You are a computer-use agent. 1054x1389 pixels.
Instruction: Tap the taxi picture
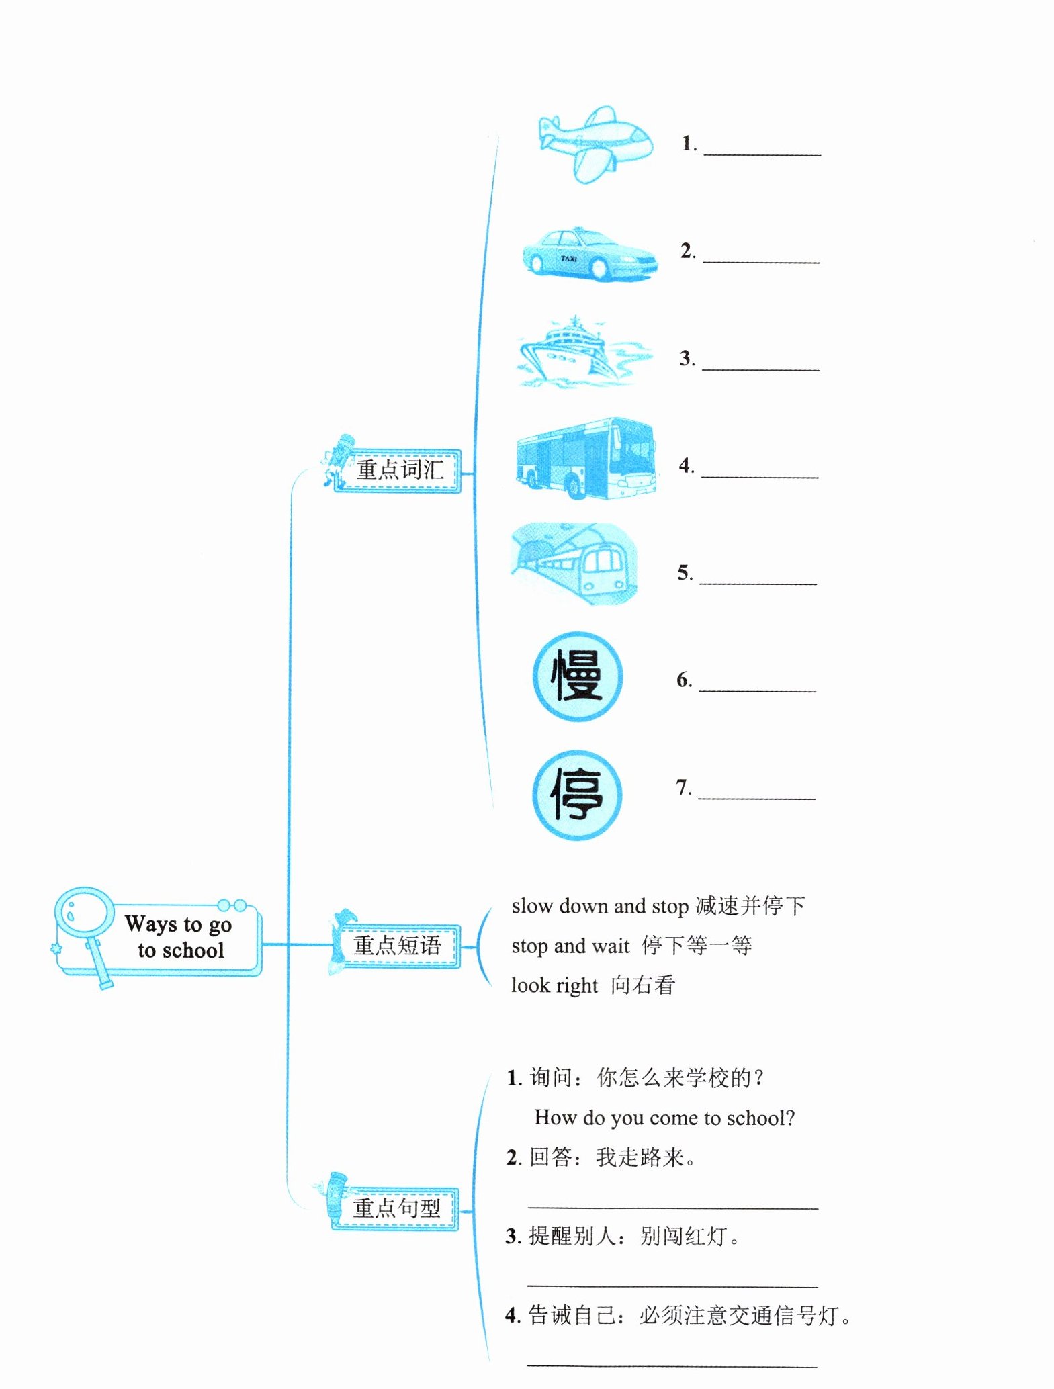coord(589,255)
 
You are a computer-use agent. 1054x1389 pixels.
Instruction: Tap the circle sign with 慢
coord(577,677)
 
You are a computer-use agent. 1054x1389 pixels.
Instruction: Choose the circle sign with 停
coord(576,795)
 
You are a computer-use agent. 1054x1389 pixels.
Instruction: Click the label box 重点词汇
coord(398,470)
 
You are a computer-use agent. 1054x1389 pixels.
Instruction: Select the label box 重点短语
coord(397,946)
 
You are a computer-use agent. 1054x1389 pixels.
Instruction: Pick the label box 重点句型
coord(396,1208)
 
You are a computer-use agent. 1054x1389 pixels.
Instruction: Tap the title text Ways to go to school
coord(179,937)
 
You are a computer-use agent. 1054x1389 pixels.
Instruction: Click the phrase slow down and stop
coord(600,906)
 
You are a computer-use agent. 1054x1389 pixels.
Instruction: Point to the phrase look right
coord(554,985)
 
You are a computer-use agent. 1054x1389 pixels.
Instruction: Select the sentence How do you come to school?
coord(664,1118)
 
